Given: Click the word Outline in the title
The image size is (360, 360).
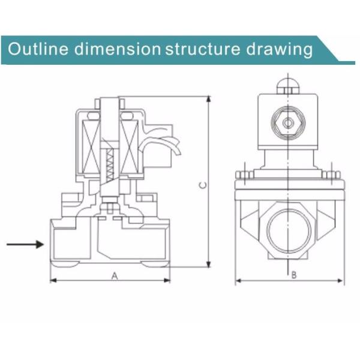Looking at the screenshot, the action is pos(38,49).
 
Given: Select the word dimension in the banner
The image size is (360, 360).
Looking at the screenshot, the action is pos(118,49).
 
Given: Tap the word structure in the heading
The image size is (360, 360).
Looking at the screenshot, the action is pos(203,49).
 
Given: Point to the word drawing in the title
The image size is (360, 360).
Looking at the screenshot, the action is pos(280,50).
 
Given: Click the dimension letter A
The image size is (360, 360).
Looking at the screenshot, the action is pos(115,276).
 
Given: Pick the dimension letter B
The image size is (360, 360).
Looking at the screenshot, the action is pos(294,275).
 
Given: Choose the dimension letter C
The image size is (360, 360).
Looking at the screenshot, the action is pos(203,185).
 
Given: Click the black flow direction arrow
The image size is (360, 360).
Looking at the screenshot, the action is pos(25,244).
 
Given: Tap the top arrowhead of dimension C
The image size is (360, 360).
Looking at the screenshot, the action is pos(208,99).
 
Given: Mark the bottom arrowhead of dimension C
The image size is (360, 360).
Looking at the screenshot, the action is pos(208,265).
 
